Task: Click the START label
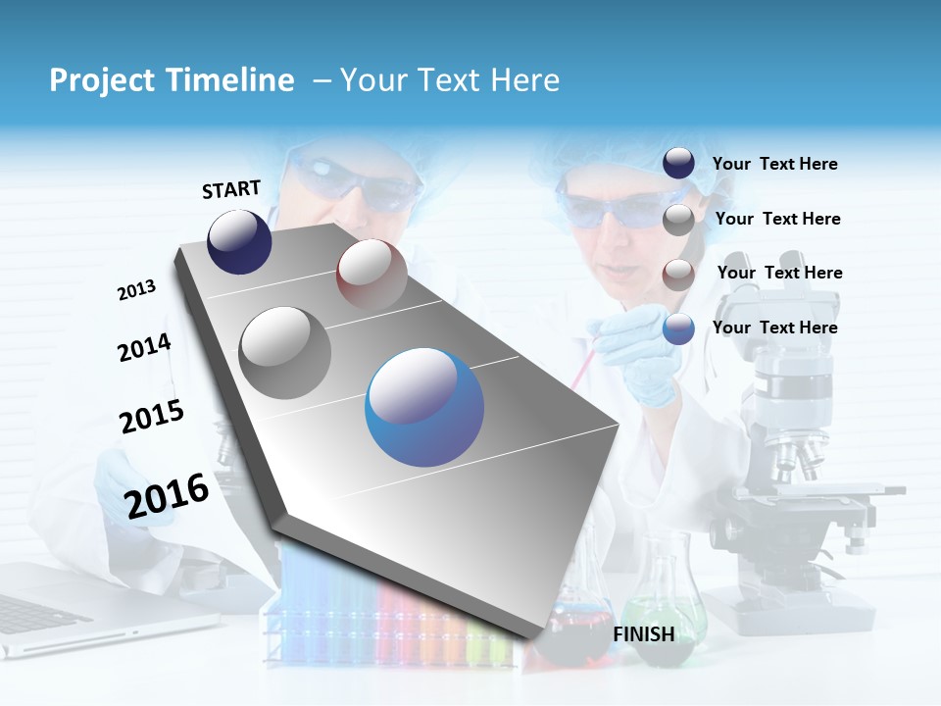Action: [x=231, y=189]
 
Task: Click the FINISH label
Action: [x=644, y=634]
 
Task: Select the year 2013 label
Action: [x=136, y=290]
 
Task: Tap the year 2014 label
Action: [x=144, y=347]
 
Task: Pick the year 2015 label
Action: [x=152, y=417]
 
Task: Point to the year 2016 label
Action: [x=167, y=495]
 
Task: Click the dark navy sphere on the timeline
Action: [x=239, y=241]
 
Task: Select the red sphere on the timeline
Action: [x=371, y=274]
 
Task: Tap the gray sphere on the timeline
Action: [x=285, y=352]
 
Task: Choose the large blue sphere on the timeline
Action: [x=424, y=407]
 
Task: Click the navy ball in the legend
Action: [x=678, y=163]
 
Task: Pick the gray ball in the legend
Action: [x=678, y=220]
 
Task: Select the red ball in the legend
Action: [x=678, y=274]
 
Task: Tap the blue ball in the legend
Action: [x=678, y=328]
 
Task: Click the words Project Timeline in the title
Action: [x=172, y=80]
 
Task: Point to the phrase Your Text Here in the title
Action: [x=449, y=80]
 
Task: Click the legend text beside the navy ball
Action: [x=774, y=164]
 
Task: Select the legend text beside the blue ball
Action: [x=774, y=328]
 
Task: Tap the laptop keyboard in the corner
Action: [x=39, y=613]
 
